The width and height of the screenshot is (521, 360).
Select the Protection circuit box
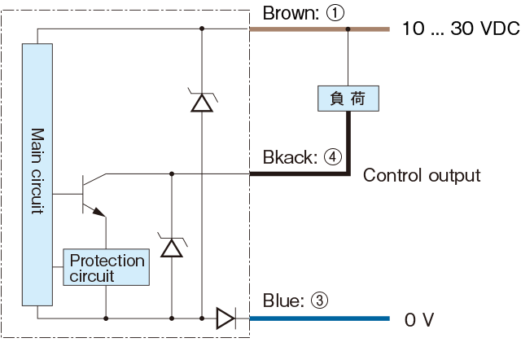[107, 268]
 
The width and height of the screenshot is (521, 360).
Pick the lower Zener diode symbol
[172, 245]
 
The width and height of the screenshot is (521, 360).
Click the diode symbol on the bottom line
[225, 318]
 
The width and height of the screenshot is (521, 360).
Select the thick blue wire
[317, 318]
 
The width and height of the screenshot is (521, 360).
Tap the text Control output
[421, 175]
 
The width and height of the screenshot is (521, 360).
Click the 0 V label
[418, 319]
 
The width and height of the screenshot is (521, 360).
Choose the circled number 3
[319, 301]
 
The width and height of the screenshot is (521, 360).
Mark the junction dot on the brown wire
[348, 29]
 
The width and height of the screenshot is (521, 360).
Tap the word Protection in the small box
[107, 261]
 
